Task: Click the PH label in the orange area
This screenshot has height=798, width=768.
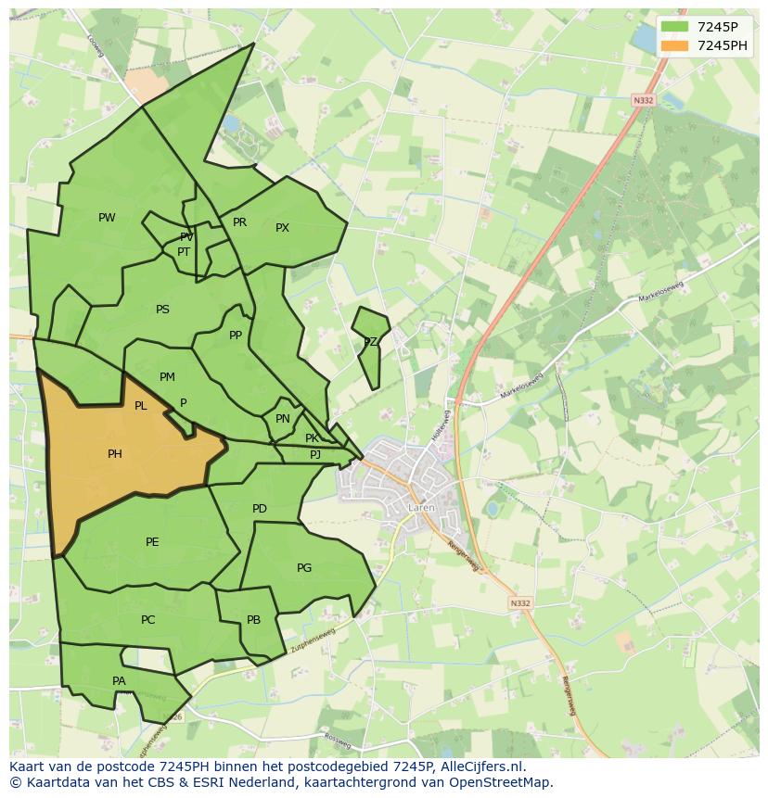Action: coord(115,454)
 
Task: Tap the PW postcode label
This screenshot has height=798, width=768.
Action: coord(107,218)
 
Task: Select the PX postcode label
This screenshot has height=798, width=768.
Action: coord(282,228)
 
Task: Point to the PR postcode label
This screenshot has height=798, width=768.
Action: coord(239,222)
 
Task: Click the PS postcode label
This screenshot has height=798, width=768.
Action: coord(162,310)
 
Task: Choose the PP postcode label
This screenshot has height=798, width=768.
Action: coord(236,336)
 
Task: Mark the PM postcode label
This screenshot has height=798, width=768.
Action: coord(167,377)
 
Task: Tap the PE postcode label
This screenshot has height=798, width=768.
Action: coord(152,542)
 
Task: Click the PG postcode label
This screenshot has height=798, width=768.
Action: coord(304,568)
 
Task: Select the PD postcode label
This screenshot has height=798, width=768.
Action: coord(260,509)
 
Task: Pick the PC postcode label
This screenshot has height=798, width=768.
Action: coord(147,620)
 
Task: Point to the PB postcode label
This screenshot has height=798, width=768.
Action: coord(253,620)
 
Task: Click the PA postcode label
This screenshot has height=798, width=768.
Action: coord(119,681)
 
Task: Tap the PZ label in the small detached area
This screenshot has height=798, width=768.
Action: coord(370,342)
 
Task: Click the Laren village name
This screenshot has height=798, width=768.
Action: coord(421,508)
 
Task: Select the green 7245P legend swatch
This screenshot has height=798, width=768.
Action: coord(674,28)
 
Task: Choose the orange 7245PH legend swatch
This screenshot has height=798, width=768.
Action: coord(674,45)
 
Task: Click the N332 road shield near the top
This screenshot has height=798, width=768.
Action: coord(643,100)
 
